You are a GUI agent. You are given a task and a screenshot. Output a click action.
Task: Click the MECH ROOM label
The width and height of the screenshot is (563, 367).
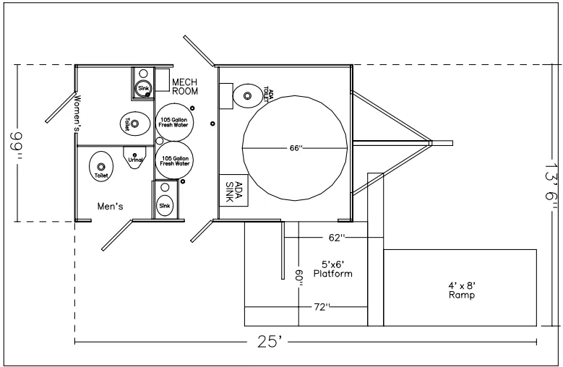pos(185,86)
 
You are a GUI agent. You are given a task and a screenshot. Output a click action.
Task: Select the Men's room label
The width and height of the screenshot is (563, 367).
pos(111,206)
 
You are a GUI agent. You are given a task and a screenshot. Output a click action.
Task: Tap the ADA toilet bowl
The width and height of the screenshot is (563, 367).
pos(247,93)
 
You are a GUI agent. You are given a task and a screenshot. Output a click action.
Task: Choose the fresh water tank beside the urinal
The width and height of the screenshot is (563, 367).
pos(174,160)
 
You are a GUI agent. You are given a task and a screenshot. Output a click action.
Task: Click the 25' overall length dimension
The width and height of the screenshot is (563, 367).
pos(269,342)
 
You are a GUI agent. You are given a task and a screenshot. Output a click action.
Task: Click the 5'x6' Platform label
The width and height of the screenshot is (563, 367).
pos(332,269)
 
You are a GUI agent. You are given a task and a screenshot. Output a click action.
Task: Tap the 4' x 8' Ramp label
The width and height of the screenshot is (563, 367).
pos(461,289)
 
